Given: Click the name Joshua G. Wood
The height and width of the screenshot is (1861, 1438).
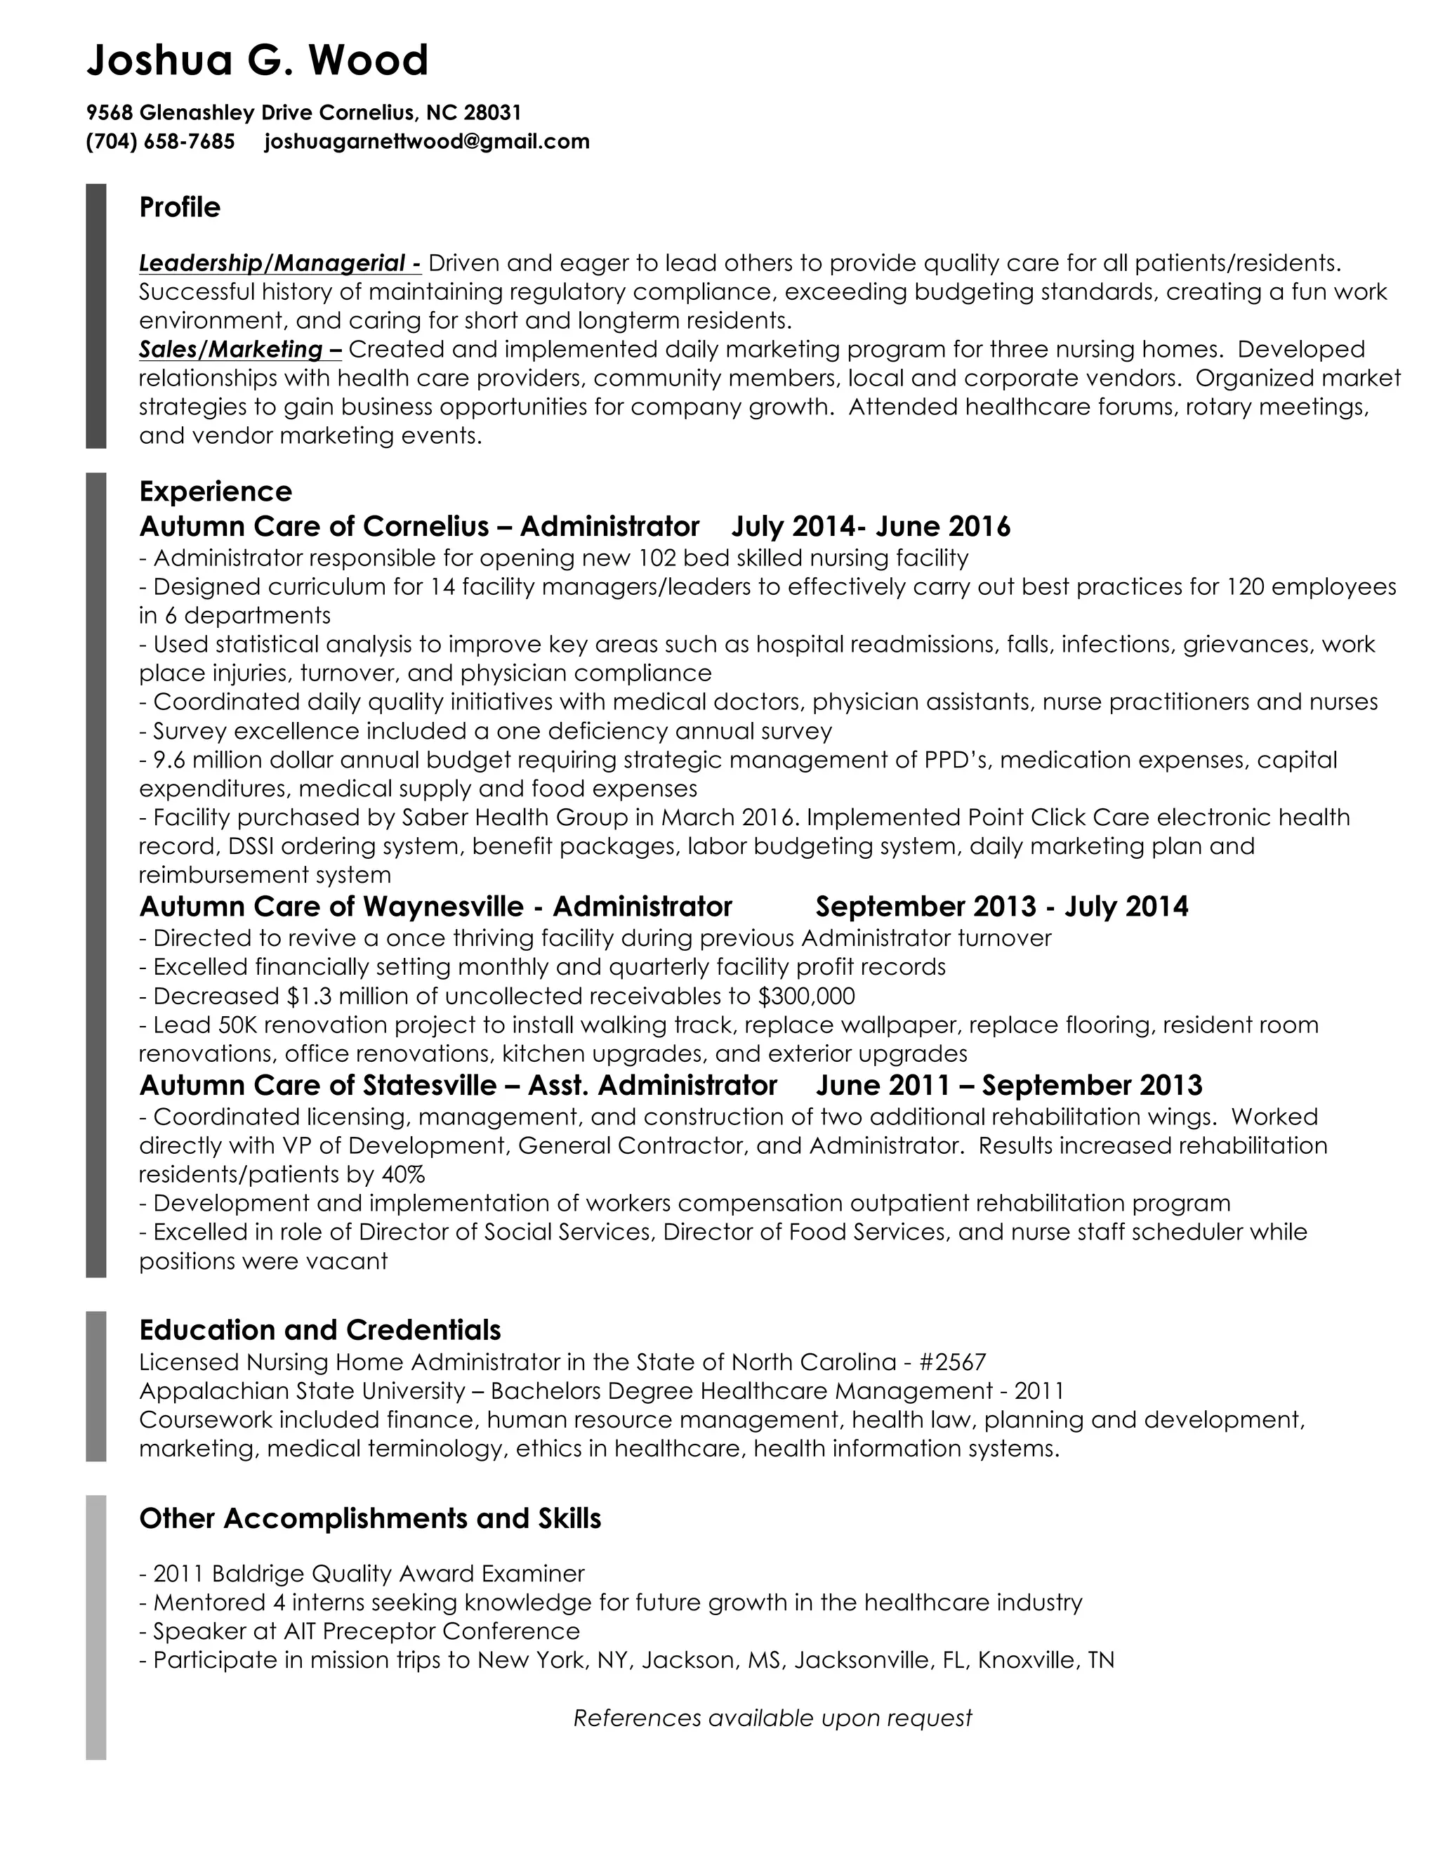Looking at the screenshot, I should pyautogui.click(x=257, y=60).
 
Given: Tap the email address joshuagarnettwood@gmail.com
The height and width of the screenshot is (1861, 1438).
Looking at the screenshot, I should pyautogui.click(x=427, y=141).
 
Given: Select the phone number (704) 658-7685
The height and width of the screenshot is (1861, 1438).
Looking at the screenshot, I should pyautogui.click(x=160, y=141).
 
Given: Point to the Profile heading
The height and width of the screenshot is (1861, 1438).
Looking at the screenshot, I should pyautogui.click(x=180, y=207).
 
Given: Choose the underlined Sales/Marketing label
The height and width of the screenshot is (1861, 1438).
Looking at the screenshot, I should pyautogui.click(x=239, y=349).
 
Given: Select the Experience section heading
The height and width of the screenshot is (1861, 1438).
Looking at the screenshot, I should pyautogui.click(x=216, y=492).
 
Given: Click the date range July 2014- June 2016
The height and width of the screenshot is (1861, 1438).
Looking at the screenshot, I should pyautogui.click(x=871, y=527).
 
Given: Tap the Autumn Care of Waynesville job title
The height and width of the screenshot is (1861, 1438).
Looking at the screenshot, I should pyautogui.click(x=435, y=906).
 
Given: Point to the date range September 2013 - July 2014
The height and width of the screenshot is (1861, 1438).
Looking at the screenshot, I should pyautogui.click(x=1001, y=906).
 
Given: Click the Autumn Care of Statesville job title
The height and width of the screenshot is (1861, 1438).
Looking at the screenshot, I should pyautogui.click(x=458, y=1086).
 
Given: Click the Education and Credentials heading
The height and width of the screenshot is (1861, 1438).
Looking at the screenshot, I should pyautogui.click(x=319, y=1330).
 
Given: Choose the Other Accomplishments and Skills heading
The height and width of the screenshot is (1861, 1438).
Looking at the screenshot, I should pyautogui.click(x=370, y=1518).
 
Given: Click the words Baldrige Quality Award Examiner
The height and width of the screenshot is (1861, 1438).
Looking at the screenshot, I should pyautogui.click(x=398, y=1573).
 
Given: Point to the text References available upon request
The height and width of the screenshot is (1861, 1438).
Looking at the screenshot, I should pyautogui.click(x=772, y=1718).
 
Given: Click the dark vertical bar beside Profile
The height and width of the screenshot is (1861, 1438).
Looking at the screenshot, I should pyautogui.click(x=96, y=315).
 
